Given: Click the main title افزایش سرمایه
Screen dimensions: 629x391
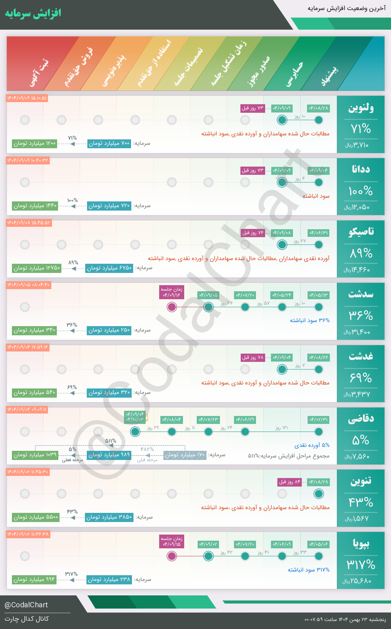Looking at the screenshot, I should click(x=33, y=13).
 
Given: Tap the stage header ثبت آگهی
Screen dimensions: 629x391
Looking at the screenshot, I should click(x=39, y=73).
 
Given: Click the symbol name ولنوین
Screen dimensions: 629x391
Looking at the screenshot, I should click(x=361, y=108).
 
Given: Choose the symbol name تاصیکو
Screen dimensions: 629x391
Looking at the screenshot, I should click(x=361, y=232).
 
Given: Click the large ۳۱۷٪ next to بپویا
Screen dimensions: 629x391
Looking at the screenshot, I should click(x=361, y=564).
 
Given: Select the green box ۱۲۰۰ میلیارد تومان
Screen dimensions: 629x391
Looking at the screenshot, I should click(x=35, y=143).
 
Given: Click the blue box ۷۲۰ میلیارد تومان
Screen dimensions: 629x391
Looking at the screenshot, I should click(x=109, y=206).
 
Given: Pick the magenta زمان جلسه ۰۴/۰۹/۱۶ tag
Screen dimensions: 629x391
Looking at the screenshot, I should click(x=172, y=292).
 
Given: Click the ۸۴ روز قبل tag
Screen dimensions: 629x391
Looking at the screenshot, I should click(x=290, y=482).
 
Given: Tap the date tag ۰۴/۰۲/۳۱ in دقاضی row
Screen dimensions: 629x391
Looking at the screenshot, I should click(x=319, y=420).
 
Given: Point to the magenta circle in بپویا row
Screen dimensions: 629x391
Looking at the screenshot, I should click(x=172, y=556).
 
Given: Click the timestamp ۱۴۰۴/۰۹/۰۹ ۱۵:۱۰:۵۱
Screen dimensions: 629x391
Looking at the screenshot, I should click(x=27, y=98).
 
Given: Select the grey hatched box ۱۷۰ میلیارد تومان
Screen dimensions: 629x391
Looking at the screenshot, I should click(x=185, y=455).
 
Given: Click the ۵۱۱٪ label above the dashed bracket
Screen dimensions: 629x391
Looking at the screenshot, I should click(x=111, y=441).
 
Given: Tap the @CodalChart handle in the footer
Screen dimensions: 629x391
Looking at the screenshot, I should click(x=26, y=605).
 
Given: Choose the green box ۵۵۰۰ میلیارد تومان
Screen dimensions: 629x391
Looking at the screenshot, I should click(x=36, y=517).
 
